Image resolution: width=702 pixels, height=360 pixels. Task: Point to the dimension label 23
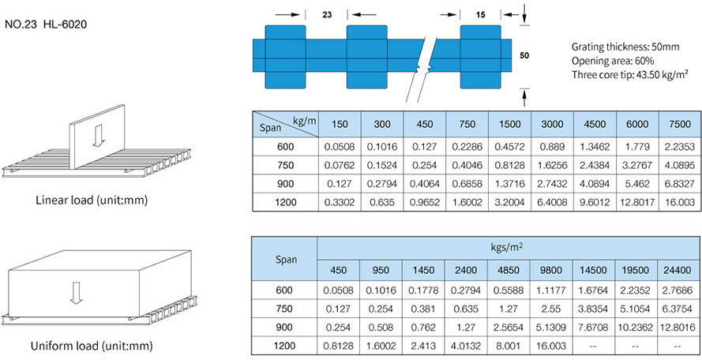pos(327,14)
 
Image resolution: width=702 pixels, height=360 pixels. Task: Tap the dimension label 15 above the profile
pos(481,14)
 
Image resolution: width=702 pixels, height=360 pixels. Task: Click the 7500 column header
pos(679,124)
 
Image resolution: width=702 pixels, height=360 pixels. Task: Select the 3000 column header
pos(552,124)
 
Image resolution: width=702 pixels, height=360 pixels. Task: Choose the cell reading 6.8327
pos(679,182)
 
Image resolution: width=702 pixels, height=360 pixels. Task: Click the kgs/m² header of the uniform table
pos(509,247)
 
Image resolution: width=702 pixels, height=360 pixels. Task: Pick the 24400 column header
pos(679,270)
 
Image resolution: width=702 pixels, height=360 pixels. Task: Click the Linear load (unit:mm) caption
pos(92,200)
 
